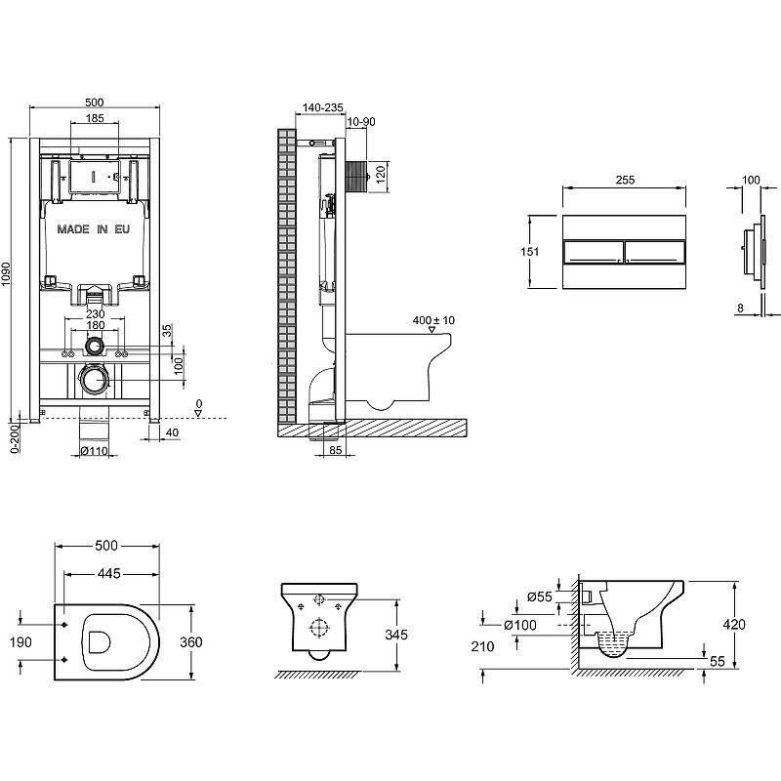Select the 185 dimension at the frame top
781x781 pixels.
click(x=95, y=118)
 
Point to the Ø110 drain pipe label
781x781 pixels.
click(x=95, y=451)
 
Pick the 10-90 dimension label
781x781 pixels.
click(x=359, y=121)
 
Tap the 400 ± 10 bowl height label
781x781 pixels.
click(x=435, y=320)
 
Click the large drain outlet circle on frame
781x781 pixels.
click(x=95, y=380)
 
